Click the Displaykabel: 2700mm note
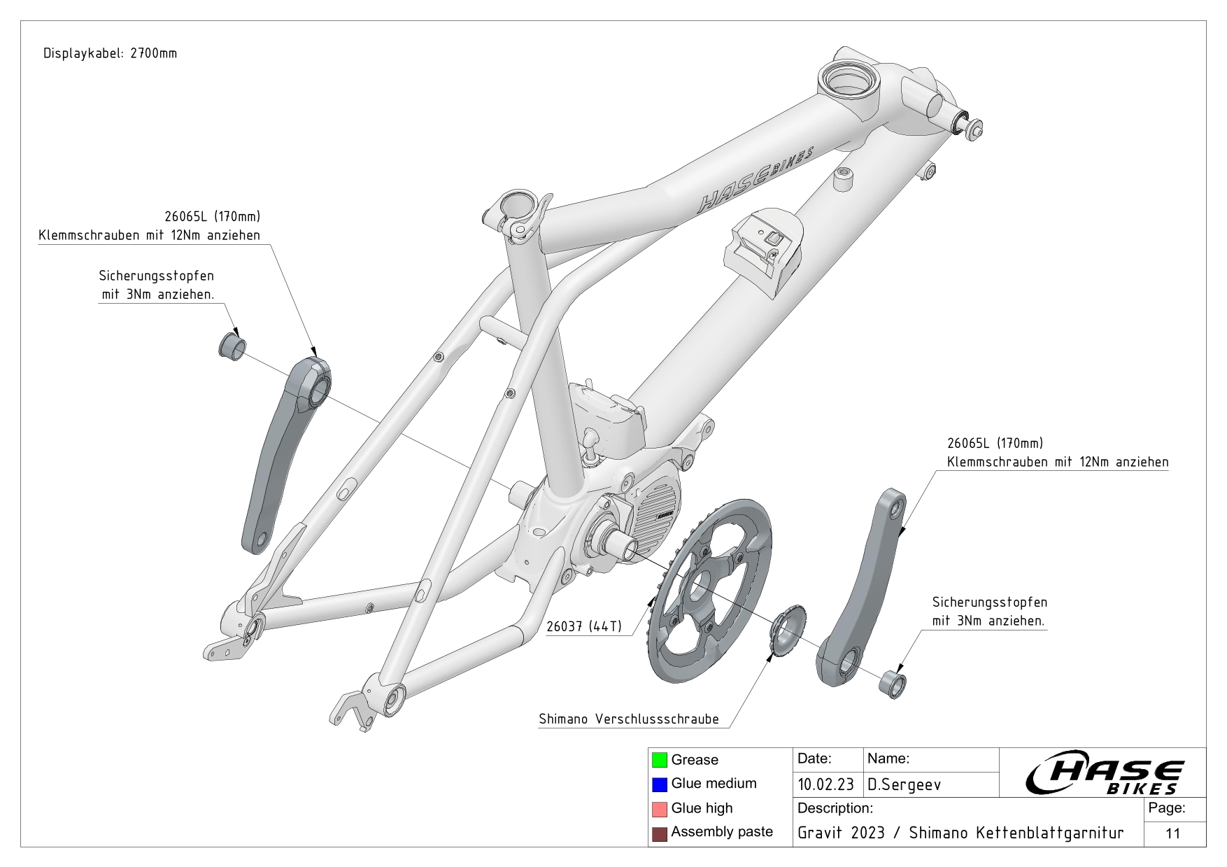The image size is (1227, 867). tap(110, 53)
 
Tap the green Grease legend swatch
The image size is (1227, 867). tap(659, 760)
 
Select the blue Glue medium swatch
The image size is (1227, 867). tap(659, 784)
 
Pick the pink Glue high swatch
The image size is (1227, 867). tap(659, 809)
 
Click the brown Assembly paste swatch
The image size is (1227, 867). tap(659, 833)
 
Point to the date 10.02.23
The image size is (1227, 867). tap(825, 784)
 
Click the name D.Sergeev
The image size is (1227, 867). tap(904, 784)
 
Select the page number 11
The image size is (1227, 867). tap(1173, 833)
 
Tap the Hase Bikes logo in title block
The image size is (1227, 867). tap(1104, 773)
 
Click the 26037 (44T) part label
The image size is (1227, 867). tap(583, 626)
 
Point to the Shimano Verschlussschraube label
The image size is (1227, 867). tap(628, 719)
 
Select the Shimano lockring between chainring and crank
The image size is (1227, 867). tap(788, 629)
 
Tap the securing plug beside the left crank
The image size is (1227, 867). tap(232, 346)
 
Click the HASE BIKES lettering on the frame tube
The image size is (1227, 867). tap(754, 181)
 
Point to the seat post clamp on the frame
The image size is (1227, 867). tap(520, 213)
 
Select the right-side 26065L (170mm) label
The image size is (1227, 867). tap(994, 443)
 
